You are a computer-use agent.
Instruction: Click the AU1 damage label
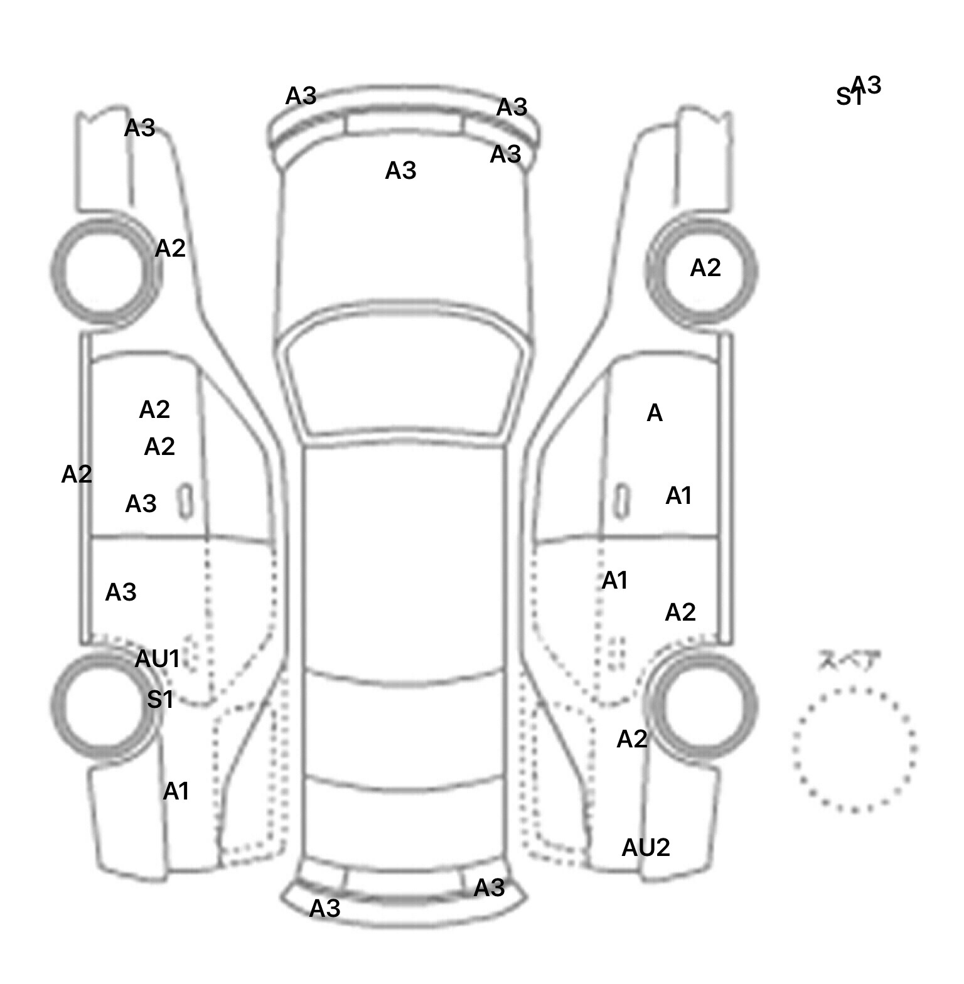point(158,659)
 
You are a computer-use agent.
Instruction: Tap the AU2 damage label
point(645,848)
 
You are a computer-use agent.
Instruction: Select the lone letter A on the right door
point(654,413)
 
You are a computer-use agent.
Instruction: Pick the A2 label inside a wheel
point(705,268)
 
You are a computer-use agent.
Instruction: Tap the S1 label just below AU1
point(160,699)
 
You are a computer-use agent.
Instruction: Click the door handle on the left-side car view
point(186,501)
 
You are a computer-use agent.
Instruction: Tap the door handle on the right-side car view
point(621,501)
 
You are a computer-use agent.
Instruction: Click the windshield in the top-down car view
point(405,383)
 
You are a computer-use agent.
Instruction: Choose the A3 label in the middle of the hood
point(400,170)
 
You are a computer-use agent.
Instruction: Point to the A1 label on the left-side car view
point(176,791)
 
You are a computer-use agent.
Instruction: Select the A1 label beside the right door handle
point(678,496)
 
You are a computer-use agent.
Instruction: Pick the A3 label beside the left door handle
point(141,503)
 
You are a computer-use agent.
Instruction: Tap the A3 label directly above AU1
point(120,592)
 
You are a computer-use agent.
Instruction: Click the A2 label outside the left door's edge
point(77,474)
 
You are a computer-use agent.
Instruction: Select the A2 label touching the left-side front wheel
point(170,249)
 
